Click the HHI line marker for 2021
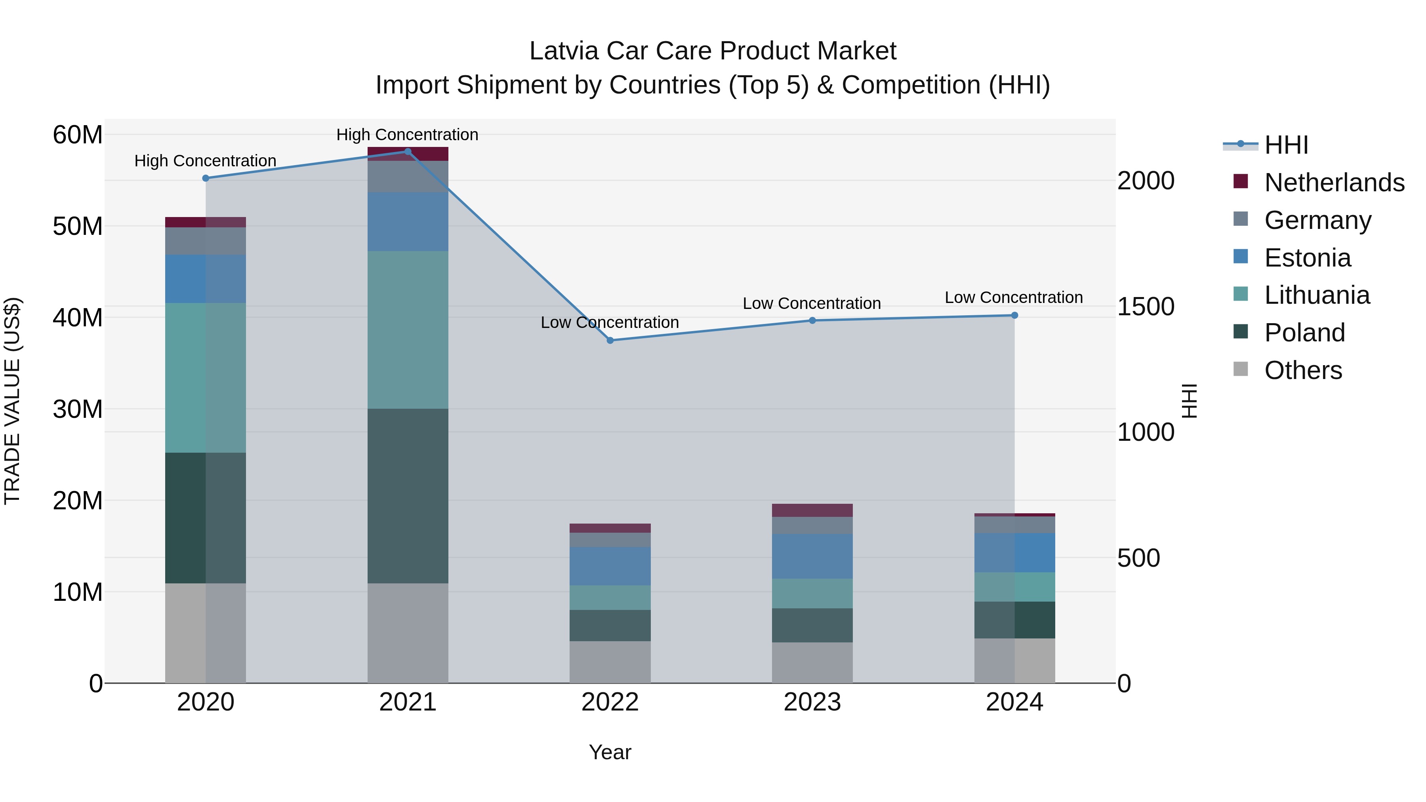[408, 152]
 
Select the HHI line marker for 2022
[610, 340]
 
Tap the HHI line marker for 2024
[1014, 316]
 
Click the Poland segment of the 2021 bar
[408, 495]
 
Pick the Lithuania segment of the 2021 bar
[408, 330]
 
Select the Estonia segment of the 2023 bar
[812, 556]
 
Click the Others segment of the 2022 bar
[610, 662]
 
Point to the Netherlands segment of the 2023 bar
[812, 511]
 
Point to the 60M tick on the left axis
[78, 135]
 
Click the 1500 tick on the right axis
[1145, 307]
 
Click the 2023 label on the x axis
[812, 702]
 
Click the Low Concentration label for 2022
[610, 323]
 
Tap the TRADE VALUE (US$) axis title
[13, 401]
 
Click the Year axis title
[610, 752]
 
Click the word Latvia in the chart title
[564, 51]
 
